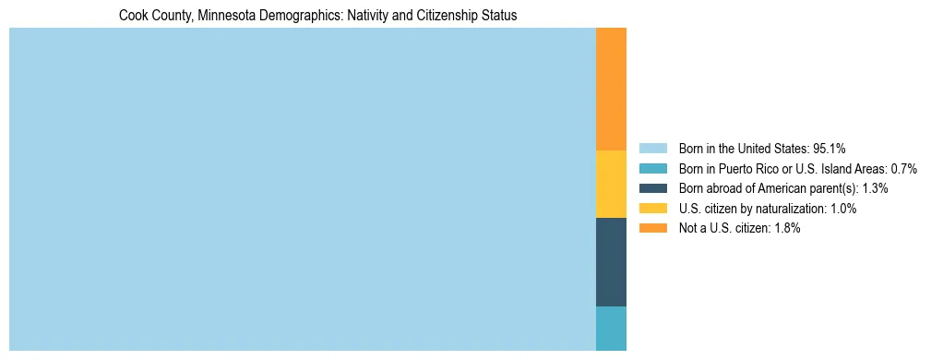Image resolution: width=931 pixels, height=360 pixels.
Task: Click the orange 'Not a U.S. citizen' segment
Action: [x=611, y=89]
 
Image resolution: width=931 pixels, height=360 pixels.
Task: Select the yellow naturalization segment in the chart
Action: [x=611, y=184]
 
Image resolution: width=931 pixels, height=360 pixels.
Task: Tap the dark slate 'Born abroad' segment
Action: [x=611, y=261]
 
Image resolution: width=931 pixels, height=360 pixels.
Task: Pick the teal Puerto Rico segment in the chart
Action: [x=611, y=328]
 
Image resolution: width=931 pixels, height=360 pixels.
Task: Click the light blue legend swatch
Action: [x=652, y=148]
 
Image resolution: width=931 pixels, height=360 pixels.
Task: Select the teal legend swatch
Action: [x=652, y=168]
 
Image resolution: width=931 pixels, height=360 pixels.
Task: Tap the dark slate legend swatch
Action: [x=652, y=188]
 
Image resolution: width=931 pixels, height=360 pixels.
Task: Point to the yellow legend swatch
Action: [x=652, y=209]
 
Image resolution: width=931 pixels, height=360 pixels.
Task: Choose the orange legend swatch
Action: [x=652, y=228]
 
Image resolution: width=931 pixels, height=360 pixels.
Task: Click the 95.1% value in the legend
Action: [x=830, y=148]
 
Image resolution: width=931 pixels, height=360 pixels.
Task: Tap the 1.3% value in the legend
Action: [x=876, y=188]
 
